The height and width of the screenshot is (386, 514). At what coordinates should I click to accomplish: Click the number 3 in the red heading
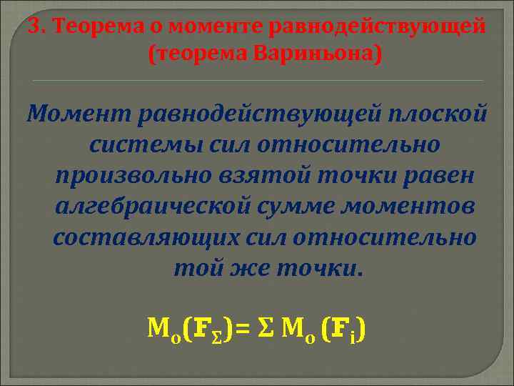(x=34, y=26)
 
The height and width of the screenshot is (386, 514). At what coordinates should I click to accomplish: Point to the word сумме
(x=306, y=207)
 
